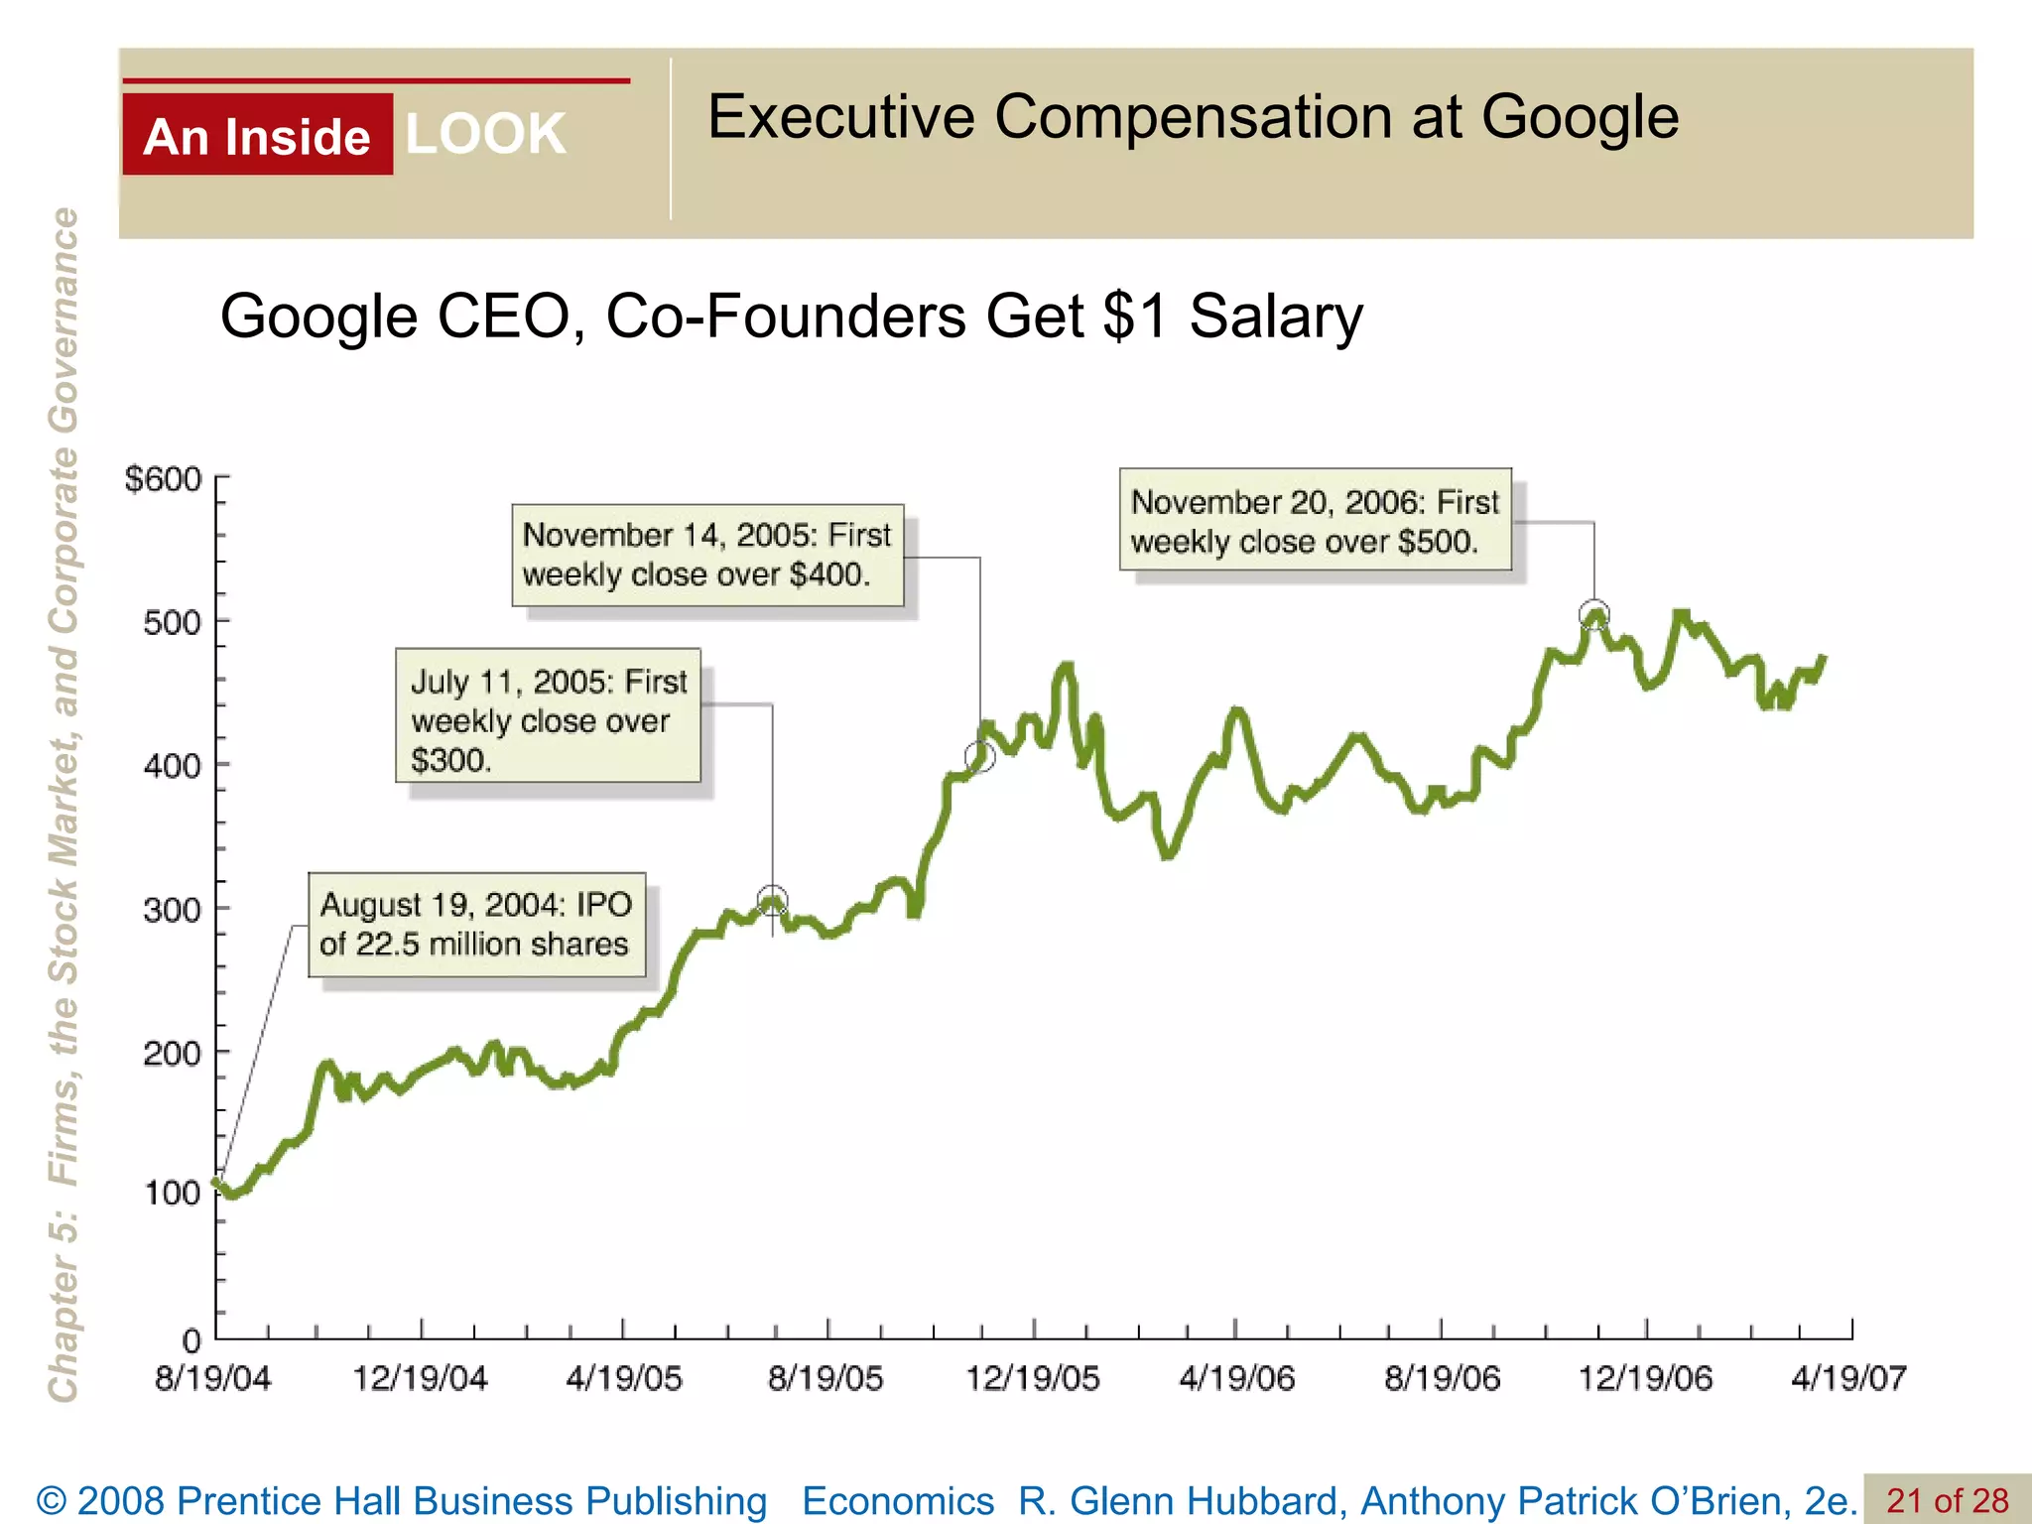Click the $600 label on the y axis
pyautogui.click(x=163, y=480)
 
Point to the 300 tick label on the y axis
pyautogui.click(x=172, y=910)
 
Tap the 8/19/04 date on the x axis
pyautogui.click(x=212, y=1378)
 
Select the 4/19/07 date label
pyautogui.click(x=1848, y=1378)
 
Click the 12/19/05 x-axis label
pyautogui.click(x=1033, y=1378)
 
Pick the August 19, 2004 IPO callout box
pyautogui.click(x=476, y=925)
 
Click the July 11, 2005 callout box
pyautogui.click(x=548, y=716)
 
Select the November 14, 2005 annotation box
pyautogui.click(x=707, y=555)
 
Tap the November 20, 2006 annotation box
pyautogui.click(x=1315, y=520)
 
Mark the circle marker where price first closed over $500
pyautogui.click(x=1593, y=615)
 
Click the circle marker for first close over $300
pyautogui.click(x=772, y=901)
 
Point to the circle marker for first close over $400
pyautogui.click(x=980, y=757)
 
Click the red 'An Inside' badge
pyautogui.click(x=257, y=135)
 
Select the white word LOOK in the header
pyautogui.click(x=485, y=134)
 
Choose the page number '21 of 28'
pyautogui.click(x=1947, y=1500)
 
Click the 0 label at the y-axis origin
pyautogui.click(x=191, y=1341)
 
